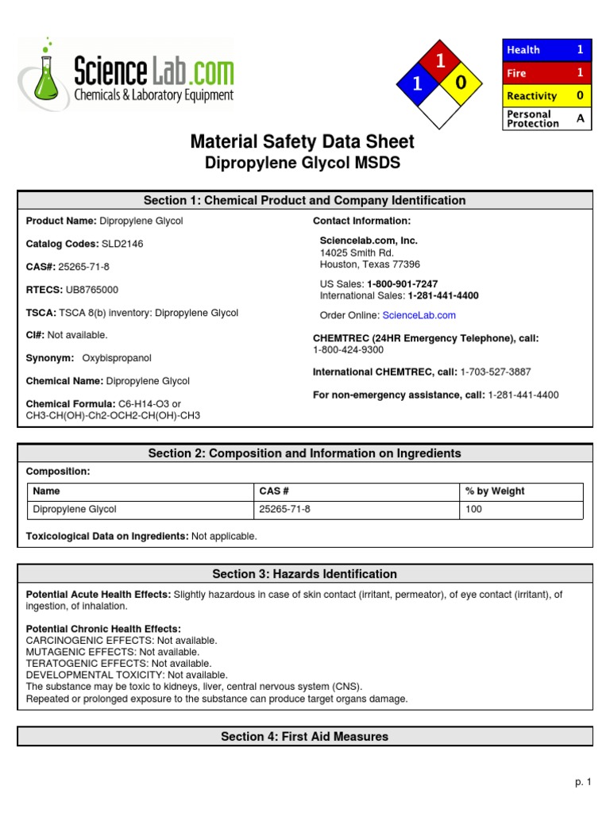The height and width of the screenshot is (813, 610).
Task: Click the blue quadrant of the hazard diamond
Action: point(415,83)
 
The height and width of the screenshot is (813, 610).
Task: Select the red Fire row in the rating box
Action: point(547,73)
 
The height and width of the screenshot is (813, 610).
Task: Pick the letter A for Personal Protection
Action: point(579,118)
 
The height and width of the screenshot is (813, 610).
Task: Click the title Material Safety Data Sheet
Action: point(302,142)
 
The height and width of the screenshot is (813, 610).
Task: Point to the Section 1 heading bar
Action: point(304,201)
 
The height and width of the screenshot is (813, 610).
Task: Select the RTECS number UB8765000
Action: point(87,291)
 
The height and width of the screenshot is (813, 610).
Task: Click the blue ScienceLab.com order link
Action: point(419,315)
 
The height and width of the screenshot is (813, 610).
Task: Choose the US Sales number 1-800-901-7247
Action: point(402,283)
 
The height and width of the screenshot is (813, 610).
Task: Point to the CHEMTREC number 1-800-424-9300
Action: point(348,349)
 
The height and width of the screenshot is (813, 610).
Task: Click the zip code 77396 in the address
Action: point(406,264)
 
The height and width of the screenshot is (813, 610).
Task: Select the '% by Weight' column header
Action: point(495,491)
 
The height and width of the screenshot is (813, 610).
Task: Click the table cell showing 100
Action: point(474,510)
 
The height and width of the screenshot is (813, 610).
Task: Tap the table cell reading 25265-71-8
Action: point(285,510)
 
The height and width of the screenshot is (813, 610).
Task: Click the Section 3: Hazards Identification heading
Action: point(304,574)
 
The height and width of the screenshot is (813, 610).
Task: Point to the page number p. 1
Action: point(583,782)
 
